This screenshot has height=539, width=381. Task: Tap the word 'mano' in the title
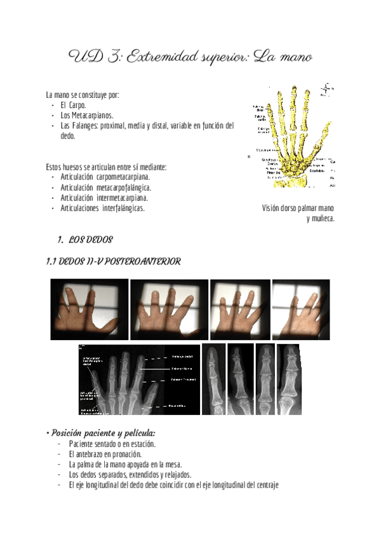292,58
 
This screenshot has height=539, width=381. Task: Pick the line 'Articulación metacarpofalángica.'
109,188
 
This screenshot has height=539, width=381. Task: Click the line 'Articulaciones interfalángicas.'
102,208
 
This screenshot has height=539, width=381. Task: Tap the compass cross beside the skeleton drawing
327,90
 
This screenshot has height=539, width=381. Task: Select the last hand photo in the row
300,309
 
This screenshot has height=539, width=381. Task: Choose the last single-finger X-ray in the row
289,379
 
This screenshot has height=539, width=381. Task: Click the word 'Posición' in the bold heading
70,432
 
